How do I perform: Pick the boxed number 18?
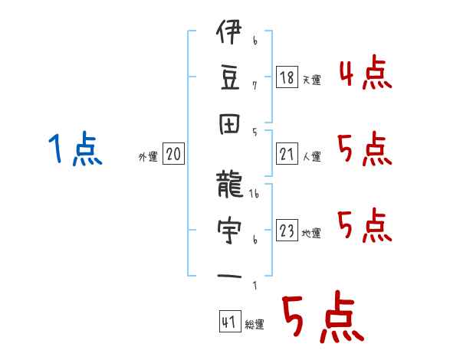(x=287, y=77)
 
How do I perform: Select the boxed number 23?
(x=287, y=231)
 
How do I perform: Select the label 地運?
(x=311, y=234)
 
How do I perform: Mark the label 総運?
(x=255, y=325)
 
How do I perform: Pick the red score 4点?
(x=364, y=75)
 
